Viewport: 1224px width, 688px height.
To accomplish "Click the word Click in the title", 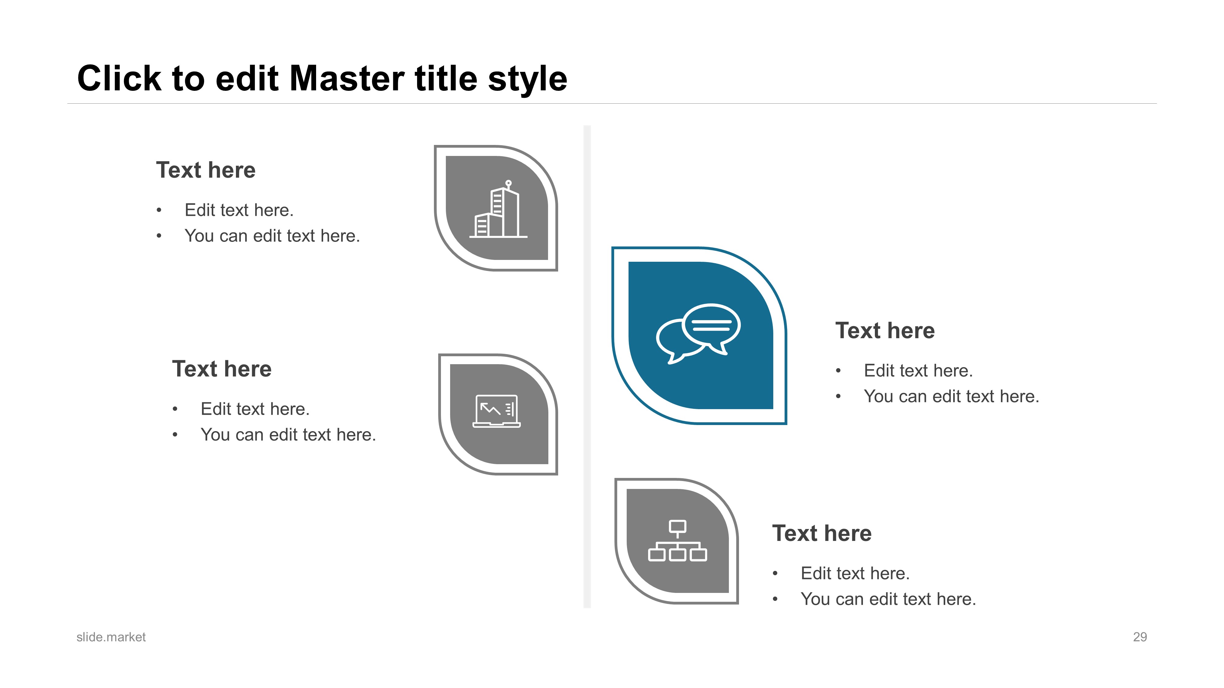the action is tap(119, 78).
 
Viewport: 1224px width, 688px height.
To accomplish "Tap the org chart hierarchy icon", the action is tap(677, 541).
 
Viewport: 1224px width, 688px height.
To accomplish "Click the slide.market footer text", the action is tap(111, 637).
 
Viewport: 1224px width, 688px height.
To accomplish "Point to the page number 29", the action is tap(1140, 637).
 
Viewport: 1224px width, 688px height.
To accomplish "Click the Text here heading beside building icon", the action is tap(206, 170).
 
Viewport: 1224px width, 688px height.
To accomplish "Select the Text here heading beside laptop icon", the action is tap(222, 369).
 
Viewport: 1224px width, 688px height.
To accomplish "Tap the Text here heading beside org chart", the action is tap(822, 533).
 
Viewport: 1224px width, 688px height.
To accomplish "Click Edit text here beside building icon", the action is tap(239, 210).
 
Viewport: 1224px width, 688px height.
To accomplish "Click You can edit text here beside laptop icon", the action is tap(288, 435).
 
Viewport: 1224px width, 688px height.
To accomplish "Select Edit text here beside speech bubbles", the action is tap(918, 370).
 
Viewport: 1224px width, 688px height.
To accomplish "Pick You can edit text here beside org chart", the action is tap(888, 599).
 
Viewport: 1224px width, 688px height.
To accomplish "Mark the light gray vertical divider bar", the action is tap(587, 367).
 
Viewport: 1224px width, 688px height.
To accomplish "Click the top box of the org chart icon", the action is tap(677, 527).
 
